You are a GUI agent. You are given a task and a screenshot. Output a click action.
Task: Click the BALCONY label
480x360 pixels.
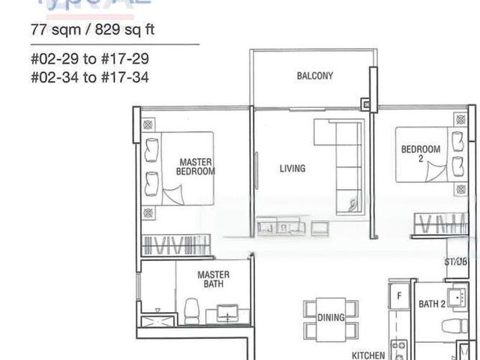pyautogui.click(x=314, y=76)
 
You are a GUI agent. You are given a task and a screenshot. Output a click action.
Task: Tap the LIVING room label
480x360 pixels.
pyautogui.click(x=292, y=168)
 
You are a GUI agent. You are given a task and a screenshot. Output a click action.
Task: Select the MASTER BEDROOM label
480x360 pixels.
pyautogui.click(x=195, y=166)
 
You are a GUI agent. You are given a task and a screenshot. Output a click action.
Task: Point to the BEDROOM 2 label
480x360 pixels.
pyautogui.click(x=421, y=154)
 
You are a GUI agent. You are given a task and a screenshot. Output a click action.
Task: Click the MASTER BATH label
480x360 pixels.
pyautogui.click(x=213, y=280)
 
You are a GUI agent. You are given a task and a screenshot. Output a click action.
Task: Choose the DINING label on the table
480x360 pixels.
pyautogui.click(x=331, y=318)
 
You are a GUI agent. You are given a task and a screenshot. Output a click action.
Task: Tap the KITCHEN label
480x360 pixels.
pyautogui.click(x=368, y=355)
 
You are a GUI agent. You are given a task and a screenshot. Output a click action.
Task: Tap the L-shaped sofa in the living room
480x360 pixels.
pyautogui.click(x=342, y=161)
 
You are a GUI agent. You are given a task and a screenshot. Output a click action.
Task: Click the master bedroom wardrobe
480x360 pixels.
pyautogui.click(x=175, y=245)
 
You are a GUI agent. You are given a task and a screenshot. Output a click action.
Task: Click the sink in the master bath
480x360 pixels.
pyautogui.click(x=227, y=313)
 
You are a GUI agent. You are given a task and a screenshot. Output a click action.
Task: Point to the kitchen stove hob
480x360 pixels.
pyautogui.click(x=398, y=350)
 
